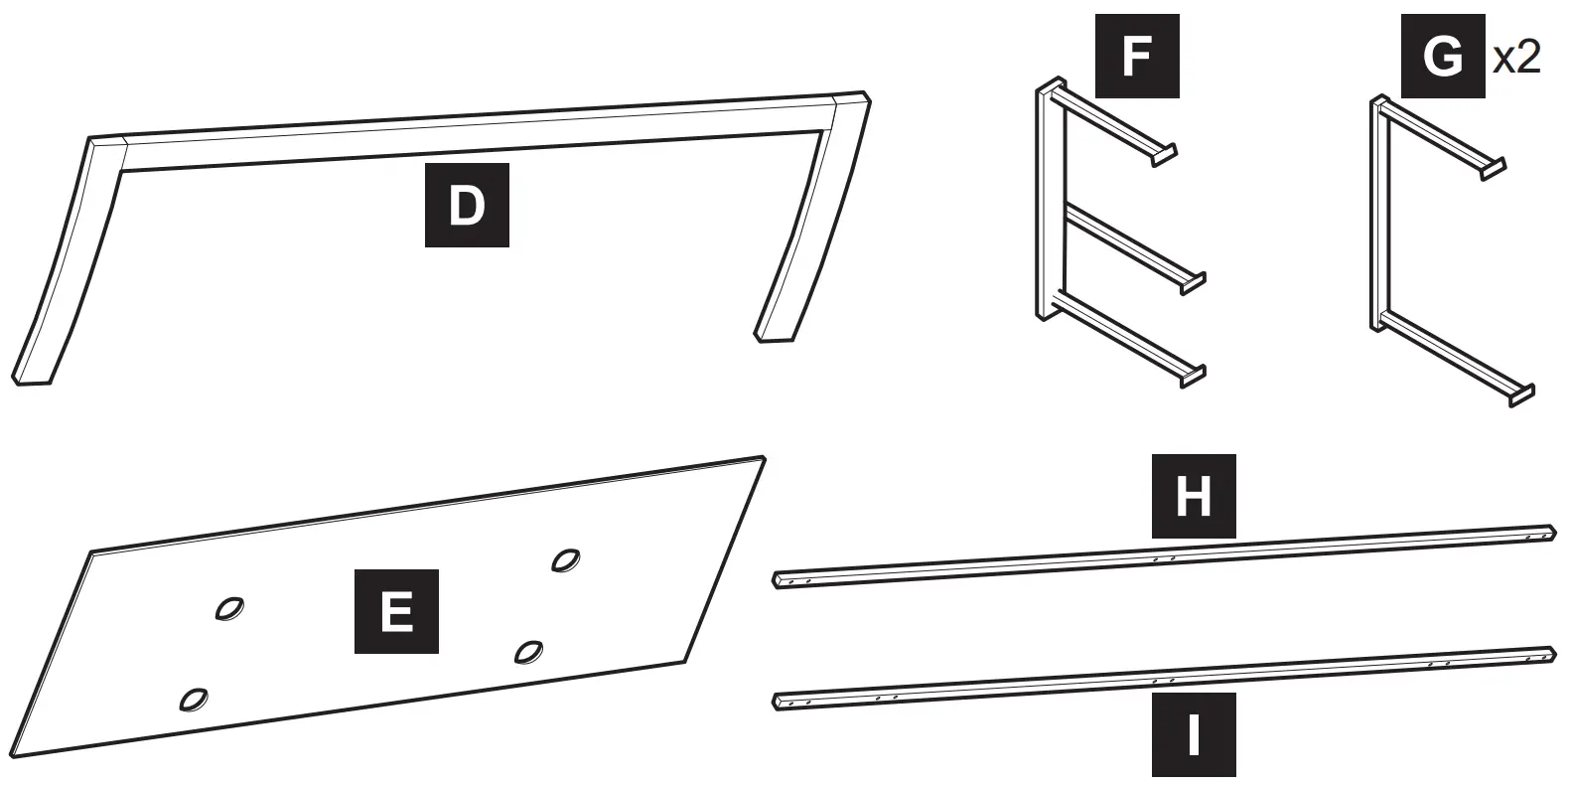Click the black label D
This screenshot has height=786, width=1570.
point(467,205)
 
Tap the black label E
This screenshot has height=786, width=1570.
point(396,611)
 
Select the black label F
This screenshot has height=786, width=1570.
point(1136,56)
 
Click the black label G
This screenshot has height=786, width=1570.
point(1442,56)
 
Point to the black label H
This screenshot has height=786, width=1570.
point(1193,496)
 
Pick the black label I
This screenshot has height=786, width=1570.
point(1193,734)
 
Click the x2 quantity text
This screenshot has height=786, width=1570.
point(1516,58)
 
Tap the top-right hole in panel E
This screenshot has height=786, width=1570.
point(566,560)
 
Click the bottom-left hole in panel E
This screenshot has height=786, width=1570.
point(193,700)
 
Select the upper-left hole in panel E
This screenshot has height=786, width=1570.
point(230,608)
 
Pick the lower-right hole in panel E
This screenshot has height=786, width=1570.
point(528,651)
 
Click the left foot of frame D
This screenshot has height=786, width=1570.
point(33,377)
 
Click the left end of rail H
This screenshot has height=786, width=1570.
point(780,580)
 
